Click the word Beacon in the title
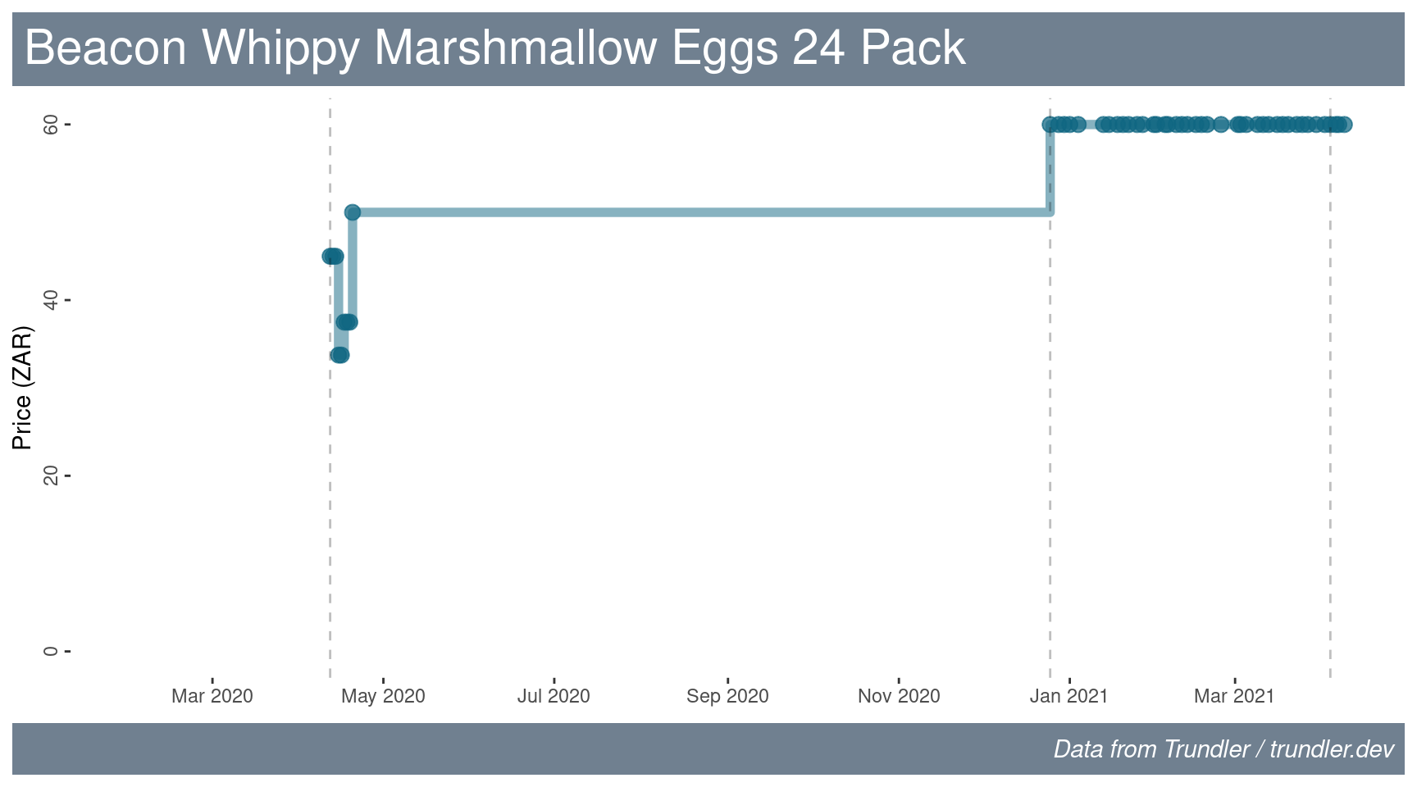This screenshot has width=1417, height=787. [106, 48]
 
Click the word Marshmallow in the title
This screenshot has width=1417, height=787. [515, 48]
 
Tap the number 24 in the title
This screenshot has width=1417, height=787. [818, 48]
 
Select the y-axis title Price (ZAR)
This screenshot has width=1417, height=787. [22, 388]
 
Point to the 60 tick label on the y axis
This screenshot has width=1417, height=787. [51, 125]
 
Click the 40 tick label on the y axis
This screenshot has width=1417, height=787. [51, 300]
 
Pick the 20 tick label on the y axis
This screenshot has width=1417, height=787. [51, 475]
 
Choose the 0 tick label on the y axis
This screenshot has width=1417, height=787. [51, 651]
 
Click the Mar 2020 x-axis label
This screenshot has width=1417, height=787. [212, 696]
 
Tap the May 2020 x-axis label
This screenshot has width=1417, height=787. [383, 696]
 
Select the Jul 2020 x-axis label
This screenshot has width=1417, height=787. [554, 696]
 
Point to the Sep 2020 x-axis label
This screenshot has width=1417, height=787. [727, 696]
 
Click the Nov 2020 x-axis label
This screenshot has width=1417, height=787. [899, 696]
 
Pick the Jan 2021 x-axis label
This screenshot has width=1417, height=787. [1068, 696]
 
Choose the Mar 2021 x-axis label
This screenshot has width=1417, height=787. [1234, 696]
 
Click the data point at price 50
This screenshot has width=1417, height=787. [353, 212]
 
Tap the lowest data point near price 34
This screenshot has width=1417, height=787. [339, 355]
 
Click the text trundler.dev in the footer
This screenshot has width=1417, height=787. [1332, 749]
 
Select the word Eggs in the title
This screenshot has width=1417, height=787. [725, 48]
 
